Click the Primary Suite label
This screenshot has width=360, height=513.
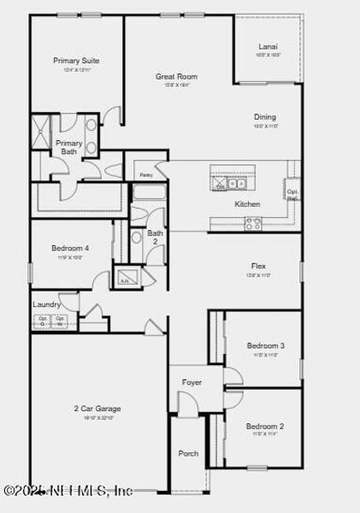[76, 61]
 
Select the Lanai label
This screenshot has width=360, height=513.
[268, 47]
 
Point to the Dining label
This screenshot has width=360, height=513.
[264, 117]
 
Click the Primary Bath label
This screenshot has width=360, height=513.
[69, 148]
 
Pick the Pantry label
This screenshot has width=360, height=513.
[145, 175]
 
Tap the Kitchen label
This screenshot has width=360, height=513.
[247, 204]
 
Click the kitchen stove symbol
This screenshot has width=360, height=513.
[253, 223]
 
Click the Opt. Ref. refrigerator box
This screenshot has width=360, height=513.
[292, 194]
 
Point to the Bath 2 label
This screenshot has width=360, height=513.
[155, 237]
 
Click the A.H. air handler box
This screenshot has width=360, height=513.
[124, 279]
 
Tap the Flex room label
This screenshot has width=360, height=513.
[258, 266]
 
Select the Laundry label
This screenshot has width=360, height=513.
[46, 304]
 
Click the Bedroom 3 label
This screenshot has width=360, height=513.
[265, 345]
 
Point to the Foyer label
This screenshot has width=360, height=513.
[192, 382]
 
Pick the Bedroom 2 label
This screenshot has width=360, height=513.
[265, 426]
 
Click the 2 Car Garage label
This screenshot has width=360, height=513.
[97, 409]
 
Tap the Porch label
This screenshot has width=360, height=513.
[188, 453]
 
